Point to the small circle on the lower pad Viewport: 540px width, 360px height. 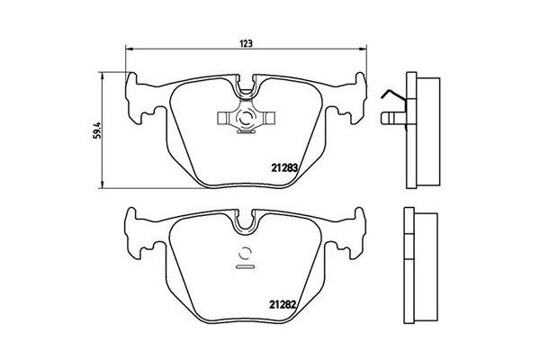[x=245, y=253]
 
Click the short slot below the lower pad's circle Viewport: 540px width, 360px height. [x=245, y=267]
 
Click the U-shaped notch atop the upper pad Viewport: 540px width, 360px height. [x=245, y=88]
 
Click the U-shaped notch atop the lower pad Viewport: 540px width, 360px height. [x=245, y=221]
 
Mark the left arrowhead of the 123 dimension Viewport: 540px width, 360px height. [x=127, y=49]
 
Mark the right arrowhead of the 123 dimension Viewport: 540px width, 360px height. [x=363, y=49]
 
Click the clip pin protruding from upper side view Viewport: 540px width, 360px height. [x=391, y=118]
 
